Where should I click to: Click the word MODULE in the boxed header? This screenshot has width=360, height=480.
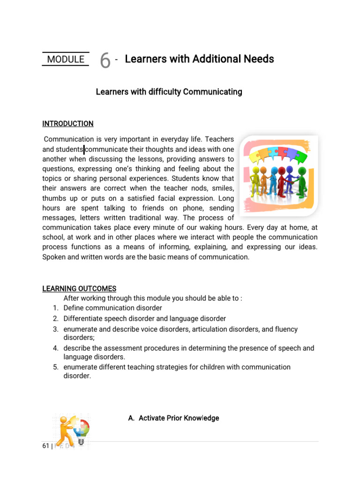(66, 60)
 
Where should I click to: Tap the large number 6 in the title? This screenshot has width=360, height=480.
(105, 60)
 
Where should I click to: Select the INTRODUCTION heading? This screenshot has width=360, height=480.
(68, 124)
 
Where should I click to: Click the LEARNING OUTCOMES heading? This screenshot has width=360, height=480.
(79, 288)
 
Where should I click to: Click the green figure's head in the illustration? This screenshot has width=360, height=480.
(302, 171)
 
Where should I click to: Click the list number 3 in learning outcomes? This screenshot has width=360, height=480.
(55, 330)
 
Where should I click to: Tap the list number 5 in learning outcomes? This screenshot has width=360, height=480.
(55, 367)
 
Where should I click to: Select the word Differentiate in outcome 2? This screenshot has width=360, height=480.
(83, 319)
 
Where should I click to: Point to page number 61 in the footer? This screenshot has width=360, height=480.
(45, 446)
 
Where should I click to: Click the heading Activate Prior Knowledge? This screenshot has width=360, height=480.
(173, 418)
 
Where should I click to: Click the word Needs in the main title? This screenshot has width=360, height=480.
(259, 59)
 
